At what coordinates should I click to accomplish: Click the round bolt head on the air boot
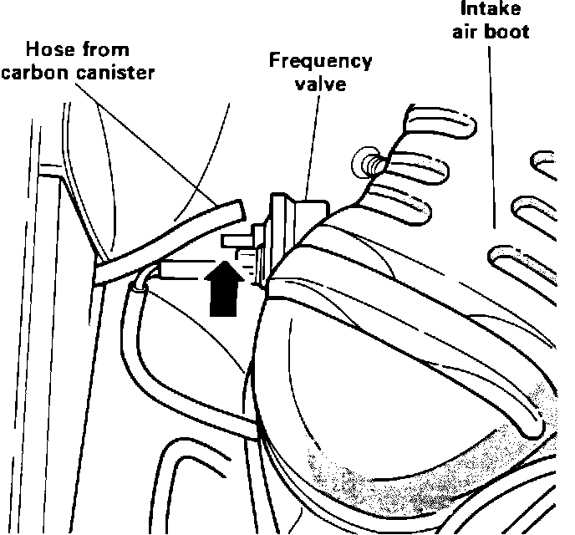[x=365, y=160]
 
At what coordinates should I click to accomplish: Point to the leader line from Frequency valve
[x=311, y=150]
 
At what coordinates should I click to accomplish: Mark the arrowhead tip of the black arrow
[x=222, y=262]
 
